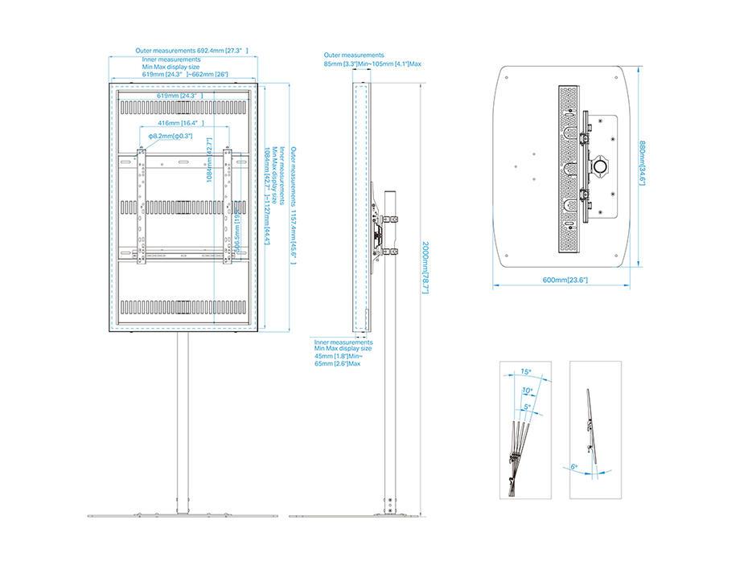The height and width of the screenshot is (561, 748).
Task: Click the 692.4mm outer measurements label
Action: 191,51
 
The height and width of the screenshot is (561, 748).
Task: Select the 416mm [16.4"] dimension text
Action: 180,123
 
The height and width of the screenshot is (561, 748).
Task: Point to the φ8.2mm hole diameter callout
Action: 170,136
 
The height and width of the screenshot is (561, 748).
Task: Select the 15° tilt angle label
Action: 526,371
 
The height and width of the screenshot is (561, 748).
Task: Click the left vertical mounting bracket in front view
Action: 142,205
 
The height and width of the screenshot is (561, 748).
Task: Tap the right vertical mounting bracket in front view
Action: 228,205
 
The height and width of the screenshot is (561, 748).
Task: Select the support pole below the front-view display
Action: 183,418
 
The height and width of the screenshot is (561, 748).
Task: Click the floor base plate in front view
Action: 183,514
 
